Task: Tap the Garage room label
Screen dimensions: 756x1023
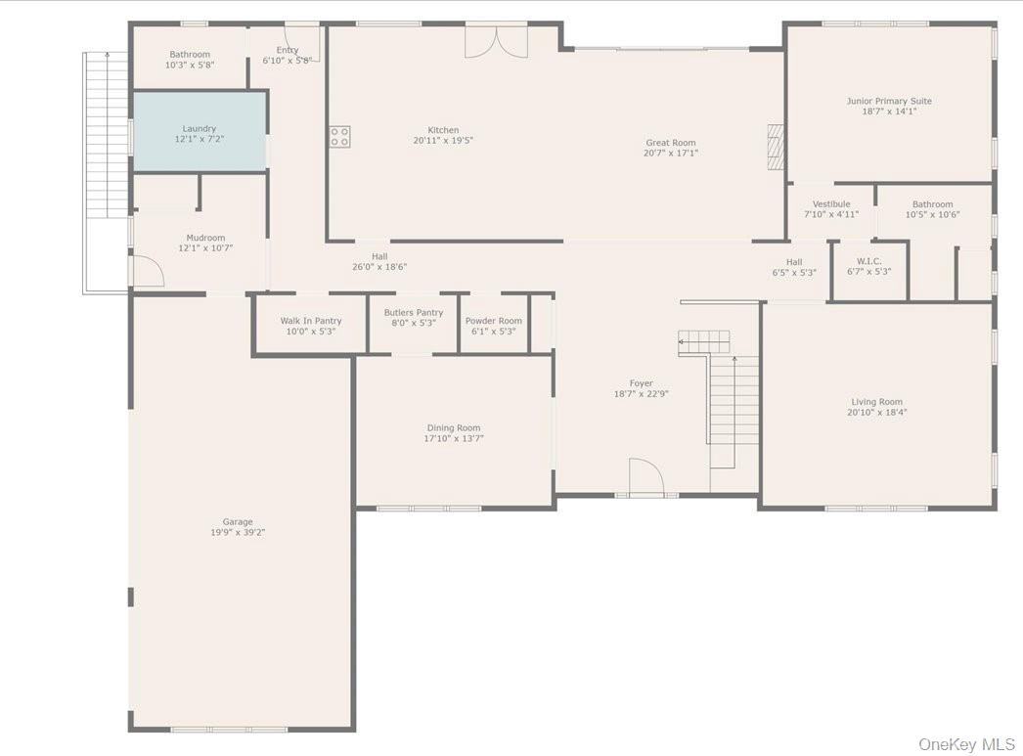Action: (237, 522)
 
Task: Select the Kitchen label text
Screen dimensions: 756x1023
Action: (442, 130)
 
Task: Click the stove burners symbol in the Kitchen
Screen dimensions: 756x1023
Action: (339, 137)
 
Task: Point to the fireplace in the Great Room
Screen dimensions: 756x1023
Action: (776, 147)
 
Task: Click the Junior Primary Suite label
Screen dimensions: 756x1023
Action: (888, 101)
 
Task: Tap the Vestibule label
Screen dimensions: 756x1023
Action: (830, 204)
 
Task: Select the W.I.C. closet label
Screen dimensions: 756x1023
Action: (868, 261)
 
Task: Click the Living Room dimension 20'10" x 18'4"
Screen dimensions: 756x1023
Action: (876, 413)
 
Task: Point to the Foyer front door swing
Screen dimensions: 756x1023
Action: (645, 478)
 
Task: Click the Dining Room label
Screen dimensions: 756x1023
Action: (453, 427)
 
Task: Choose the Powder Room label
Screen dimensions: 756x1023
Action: (493, 321)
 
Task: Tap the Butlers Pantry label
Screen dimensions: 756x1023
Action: (413, 313)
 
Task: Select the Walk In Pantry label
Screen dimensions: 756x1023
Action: (310, 321)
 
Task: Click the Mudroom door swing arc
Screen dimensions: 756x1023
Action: (148, 270)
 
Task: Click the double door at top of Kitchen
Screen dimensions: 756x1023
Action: (496, 40)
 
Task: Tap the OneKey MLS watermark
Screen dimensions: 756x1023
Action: (966, 744)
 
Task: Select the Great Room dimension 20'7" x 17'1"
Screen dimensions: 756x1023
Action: (670, 154)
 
